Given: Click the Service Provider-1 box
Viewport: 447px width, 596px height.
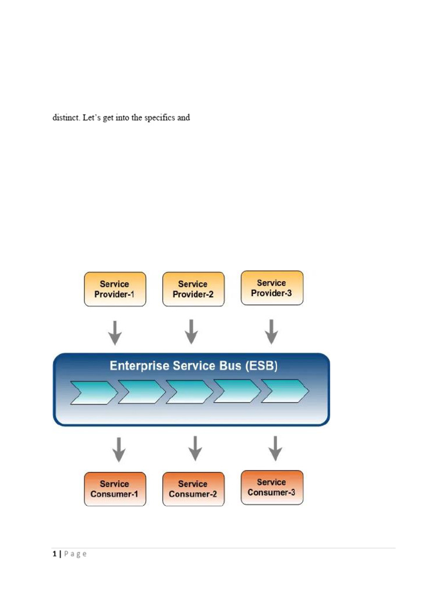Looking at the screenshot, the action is [115, 289].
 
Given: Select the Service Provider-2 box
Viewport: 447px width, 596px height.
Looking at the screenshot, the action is [193, 289].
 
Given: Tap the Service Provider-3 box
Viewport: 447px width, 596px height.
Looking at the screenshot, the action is [272, 288].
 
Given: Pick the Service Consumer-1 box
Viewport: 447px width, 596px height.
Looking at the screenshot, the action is [115, 489].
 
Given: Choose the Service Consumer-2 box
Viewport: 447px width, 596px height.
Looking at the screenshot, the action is [193, 489].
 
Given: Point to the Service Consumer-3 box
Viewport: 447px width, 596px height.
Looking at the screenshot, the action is [272, 487].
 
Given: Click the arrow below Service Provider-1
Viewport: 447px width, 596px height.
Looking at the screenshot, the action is [115, 332].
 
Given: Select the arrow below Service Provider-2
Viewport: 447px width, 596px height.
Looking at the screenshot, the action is [191, 332].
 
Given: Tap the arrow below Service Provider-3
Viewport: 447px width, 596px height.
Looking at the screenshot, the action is [271, 332].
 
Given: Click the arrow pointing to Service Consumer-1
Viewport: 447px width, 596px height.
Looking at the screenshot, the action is [119, 449].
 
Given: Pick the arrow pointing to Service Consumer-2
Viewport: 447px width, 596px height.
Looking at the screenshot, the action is [196, 448].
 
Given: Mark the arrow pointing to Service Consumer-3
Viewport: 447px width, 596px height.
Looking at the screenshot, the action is [275, 448].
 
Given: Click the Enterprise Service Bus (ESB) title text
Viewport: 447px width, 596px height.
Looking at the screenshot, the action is [194, 366].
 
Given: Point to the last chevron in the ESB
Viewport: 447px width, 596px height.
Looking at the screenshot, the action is [285, 391].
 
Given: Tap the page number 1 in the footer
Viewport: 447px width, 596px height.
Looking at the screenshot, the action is [54, 554].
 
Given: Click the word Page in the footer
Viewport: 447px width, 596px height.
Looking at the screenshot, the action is [76, 554].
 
